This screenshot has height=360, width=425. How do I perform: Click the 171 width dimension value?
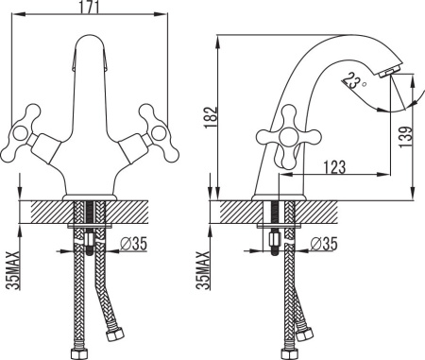(90, 7)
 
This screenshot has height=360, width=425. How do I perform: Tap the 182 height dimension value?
(211, 117)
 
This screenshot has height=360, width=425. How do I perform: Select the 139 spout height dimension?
(405, 137)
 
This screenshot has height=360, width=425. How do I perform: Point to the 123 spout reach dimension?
(334, 167)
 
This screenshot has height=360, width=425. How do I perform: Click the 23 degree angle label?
(352, 80)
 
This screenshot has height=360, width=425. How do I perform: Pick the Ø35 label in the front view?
(133, 244)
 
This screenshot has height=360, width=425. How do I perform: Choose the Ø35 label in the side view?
(324, 244)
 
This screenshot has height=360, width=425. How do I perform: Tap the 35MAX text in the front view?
(12, 270)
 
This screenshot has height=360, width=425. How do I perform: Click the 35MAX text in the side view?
(203, 270)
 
